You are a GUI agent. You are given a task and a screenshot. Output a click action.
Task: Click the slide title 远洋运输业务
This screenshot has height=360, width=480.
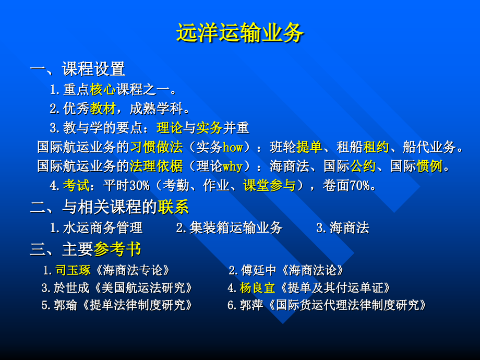pos(239,34)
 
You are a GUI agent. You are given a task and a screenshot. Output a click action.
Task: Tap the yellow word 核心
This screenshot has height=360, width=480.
pos(103,89)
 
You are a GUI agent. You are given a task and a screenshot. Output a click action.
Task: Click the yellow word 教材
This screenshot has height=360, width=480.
pos(103,109)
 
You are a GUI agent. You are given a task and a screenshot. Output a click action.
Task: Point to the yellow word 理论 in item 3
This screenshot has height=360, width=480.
pos(169,128)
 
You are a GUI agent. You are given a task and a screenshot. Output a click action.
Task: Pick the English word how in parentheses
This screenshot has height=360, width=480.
pos(233,148)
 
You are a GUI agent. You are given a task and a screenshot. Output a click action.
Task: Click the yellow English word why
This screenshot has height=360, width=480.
pos(233,167)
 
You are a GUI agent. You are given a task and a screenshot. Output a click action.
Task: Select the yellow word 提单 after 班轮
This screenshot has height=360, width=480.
pos(309,147)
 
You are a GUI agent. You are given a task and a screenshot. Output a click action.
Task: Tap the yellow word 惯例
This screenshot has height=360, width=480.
pos(430,166)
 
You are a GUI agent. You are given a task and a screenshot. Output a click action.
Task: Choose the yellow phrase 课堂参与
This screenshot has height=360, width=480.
pos(269,186)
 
